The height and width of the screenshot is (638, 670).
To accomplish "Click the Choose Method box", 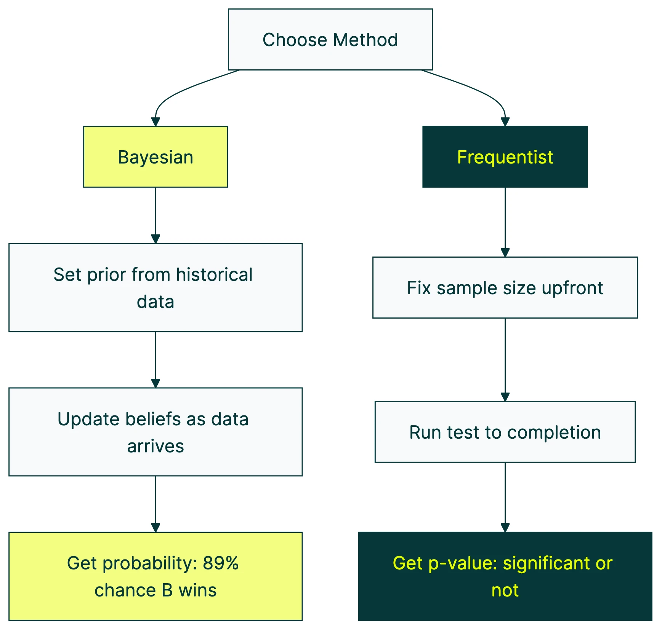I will (330, 40).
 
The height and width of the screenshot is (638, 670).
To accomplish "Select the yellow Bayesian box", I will (155, 157).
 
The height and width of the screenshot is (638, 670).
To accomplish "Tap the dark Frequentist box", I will (505, 157).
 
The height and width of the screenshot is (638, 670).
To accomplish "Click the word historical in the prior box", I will (214, 275).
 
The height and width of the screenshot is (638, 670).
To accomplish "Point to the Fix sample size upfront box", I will (505, 288).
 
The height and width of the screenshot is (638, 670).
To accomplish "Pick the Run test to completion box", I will (505, 432).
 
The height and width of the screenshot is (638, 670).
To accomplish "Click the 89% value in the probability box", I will (220, 563).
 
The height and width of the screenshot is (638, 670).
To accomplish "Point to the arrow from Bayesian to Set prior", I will (155, 215).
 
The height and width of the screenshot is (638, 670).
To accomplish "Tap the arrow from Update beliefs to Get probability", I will (155, 504).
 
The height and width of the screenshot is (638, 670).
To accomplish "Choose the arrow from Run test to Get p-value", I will (505, 497).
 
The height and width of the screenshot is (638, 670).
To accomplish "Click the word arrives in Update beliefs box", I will (155, 446).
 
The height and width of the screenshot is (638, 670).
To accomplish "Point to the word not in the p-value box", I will (505, 590).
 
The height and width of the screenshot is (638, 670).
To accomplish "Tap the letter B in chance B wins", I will (167, 590).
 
